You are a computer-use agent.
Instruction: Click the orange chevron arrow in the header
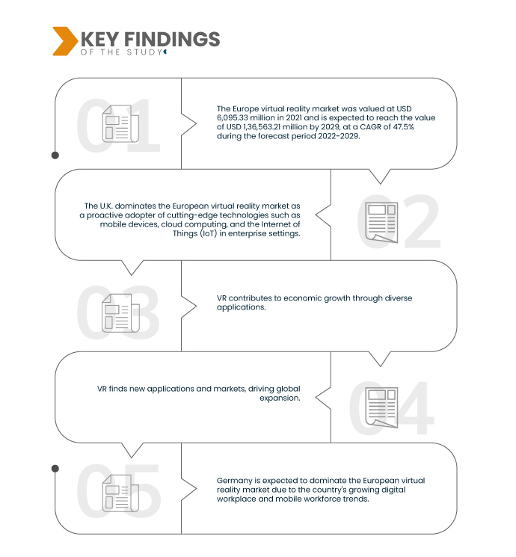click(x=65, y=41)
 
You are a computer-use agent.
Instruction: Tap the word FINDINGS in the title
click(x=172, y=39)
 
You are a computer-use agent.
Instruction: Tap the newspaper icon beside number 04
click(x=381, y=407)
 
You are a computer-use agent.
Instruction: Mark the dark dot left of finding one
click(x=55, y=156)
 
